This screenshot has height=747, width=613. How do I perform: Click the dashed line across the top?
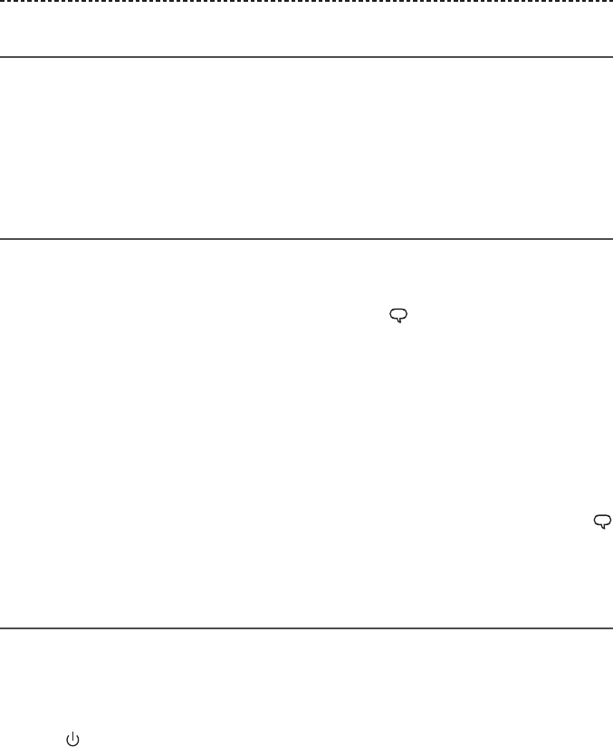tap(306, 4)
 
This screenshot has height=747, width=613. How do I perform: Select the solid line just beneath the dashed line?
tap(306, 58)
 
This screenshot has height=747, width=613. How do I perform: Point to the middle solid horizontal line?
tap(306, 239)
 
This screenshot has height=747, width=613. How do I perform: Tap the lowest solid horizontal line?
tap(306, 627)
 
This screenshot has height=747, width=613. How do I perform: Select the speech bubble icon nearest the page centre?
tap(398, 315)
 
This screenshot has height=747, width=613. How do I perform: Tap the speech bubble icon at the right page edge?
tap(602, 522)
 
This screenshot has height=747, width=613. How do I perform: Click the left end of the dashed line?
tap(2, 4)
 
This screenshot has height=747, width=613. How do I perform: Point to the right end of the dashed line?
tap(610, 4)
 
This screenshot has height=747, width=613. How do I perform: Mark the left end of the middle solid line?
tap(2, 239)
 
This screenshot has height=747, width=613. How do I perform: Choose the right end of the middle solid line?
tap(610, 239)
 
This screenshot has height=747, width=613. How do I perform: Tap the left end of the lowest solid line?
tap(2, 627)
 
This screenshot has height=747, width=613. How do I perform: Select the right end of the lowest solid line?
tap(610, 627)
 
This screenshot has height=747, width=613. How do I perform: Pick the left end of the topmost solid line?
tap(2, 58)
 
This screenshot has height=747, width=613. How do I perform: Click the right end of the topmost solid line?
tap(610, 58)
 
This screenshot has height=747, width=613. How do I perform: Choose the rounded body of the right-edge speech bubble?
tap(602, 520)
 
